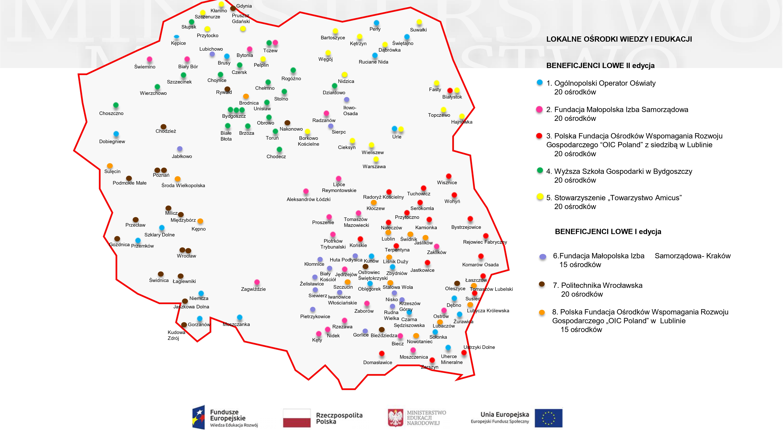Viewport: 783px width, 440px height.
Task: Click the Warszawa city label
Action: click(374, 166)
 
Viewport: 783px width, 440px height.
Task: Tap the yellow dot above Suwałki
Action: click(419, 22)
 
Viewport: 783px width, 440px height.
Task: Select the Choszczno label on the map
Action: click(111, 113)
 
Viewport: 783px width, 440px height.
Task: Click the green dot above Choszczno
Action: click(116, 105)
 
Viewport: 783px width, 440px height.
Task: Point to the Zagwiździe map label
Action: click(253, 289)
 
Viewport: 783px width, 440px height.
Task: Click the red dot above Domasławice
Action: click(382, 353)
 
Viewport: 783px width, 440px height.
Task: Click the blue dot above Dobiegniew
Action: click(116, 134)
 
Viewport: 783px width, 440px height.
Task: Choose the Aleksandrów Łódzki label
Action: click(308, 199)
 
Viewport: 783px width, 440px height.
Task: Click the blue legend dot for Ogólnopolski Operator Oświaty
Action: click(539, 83)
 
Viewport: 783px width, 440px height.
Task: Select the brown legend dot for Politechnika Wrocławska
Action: click(541, 284)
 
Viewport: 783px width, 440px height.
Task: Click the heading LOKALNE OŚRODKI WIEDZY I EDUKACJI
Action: click(619, 39)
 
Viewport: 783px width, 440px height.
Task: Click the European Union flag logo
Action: click(549, 418)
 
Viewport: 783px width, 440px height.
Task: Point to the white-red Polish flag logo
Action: click(297, 418)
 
